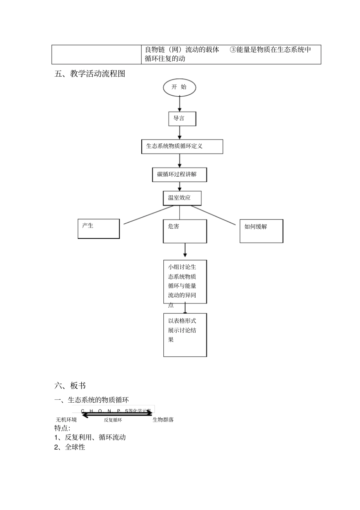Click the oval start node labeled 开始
(x=179, y=87)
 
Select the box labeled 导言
(x=182, y=119)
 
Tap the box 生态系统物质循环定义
(x=182, y=146)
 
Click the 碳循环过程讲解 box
(x=179, y=174)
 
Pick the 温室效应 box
(x=182, y=198)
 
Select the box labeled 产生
(x=99, y=229)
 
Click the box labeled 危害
(x=185, y=231)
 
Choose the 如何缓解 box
(x=261, y=231)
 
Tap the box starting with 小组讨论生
(x=185, y=281)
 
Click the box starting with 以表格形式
(x=185, y=334)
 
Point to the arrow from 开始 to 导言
(x=180, y=104)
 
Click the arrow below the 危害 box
(x=185, y=251)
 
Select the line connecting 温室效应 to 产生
(x=149, y=215)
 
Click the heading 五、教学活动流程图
(x=90, y=74)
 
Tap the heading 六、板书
(x=70, y=386)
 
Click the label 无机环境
(x=66, y=420)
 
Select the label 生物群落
(x=163, y=420)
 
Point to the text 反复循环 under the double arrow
(x=113, y=420)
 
